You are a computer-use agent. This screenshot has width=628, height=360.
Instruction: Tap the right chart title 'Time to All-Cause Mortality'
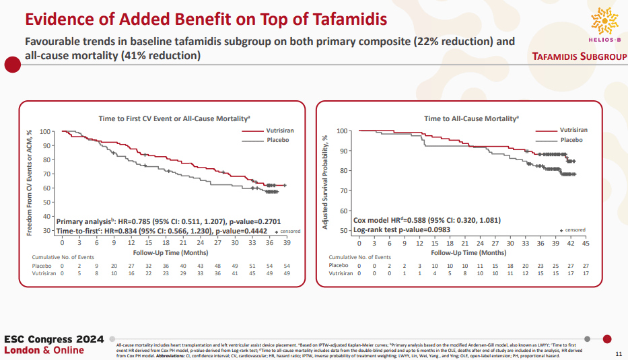471,118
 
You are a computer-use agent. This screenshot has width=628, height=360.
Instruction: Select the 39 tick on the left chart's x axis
286,243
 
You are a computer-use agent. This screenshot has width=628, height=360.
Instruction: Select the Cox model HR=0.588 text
427,220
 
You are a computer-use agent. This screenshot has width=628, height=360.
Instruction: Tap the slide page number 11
619,354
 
